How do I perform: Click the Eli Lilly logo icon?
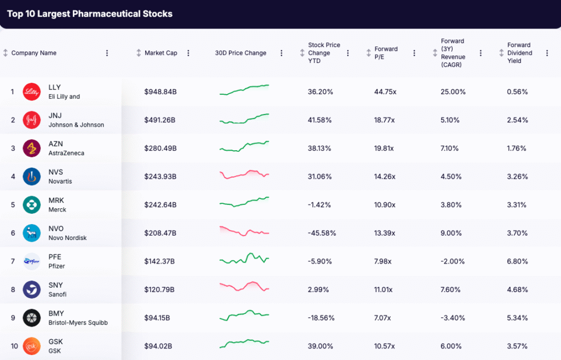[32, 92]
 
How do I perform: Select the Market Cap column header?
[161, 53]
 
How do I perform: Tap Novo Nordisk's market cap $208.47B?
[161, 233]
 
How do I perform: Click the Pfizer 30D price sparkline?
[244, 258]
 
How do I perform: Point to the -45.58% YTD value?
[322, 233]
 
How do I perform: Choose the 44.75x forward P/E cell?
[385, 92]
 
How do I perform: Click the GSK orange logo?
[32, 346]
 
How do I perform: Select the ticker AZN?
[56, 144]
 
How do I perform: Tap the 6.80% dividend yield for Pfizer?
[517, 261]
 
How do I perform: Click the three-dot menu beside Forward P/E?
[414, 53]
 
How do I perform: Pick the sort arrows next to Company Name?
[5, 53]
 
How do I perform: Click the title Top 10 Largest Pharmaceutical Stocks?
[90, 14]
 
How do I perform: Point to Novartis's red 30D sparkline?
[244, 175]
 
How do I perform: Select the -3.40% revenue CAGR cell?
[453, 318]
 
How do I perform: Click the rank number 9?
[12, 318]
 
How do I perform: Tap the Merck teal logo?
[32, 205]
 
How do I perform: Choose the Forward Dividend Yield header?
[519, 53]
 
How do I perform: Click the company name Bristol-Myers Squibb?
[78, 323]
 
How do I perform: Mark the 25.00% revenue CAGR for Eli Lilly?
[453, 92]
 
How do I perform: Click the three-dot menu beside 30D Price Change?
[282, 53]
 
